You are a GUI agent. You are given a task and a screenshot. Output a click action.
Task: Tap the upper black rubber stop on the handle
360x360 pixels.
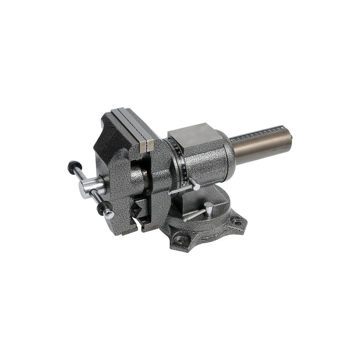click(72, 166)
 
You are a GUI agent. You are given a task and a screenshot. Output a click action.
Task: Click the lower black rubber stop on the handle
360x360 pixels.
click(104, 207)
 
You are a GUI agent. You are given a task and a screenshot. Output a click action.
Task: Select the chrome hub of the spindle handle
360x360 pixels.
click(92, 187)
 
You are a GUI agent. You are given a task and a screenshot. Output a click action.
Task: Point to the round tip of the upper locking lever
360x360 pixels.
click(197, 186)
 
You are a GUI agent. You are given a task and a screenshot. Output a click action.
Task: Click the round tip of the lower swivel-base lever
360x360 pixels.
click(208, 206)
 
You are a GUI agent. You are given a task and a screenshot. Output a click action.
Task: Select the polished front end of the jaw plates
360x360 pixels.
click(146, 145)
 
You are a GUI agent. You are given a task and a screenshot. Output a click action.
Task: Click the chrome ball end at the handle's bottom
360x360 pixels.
click(109, 215)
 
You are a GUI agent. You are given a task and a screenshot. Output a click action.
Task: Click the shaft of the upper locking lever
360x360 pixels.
click(182, 189)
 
